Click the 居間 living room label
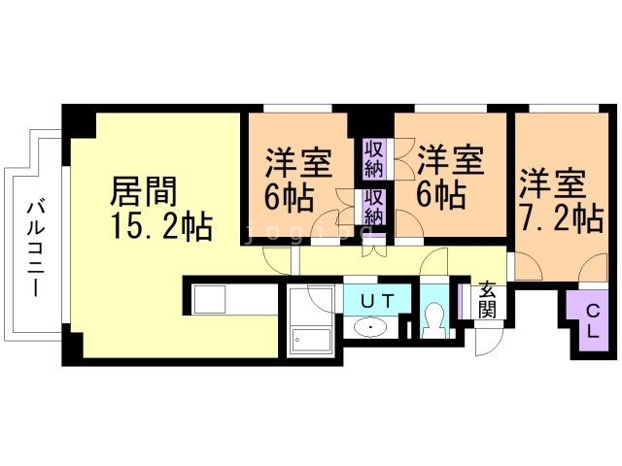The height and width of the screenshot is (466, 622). point(143,191)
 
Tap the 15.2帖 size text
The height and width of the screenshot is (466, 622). point(162,226)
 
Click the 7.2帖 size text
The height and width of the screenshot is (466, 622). point(562,218)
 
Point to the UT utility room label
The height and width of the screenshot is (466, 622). point(377,301)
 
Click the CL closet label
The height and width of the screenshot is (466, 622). point(593,321)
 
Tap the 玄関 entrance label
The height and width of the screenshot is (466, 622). point(487,300)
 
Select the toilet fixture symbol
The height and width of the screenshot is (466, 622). point(434,319)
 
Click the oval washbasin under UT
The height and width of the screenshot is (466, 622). point(370,327)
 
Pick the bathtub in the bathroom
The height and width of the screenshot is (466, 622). point(311,341)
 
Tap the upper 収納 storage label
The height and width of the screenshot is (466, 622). point(374,158)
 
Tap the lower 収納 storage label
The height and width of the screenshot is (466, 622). point(374,207)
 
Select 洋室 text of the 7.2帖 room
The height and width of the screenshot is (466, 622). point(553,183)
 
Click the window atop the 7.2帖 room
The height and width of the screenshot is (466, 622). point(564,108)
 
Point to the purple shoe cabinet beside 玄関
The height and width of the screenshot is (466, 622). point(460,301)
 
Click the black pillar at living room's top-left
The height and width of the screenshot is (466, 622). point(79,120)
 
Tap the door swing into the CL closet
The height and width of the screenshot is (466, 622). point(593,269)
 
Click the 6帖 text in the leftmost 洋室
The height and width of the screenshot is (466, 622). point(290,197)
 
